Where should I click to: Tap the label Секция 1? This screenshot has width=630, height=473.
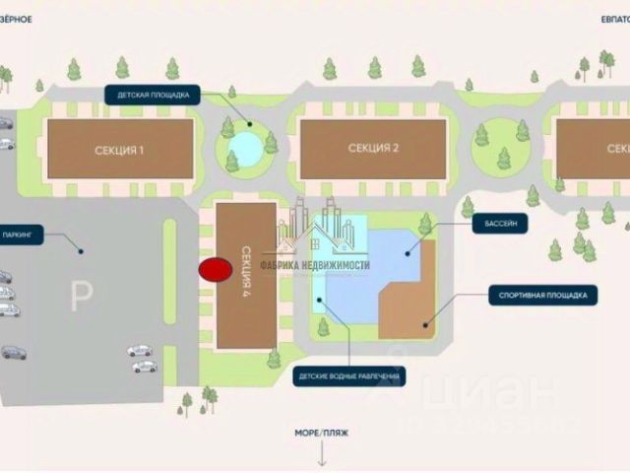pos(120,150)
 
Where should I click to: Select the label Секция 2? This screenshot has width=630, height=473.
pos(373,149)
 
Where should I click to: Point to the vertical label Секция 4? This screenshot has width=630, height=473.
pos(245,264)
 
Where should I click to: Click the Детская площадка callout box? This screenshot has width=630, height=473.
pos(154,96)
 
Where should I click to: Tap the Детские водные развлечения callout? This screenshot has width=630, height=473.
pos(349,376)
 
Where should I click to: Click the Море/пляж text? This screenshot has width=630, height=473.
pos(321,432)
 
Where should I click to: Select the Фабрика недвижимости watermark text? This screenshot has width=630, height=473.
pos(314,265)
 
